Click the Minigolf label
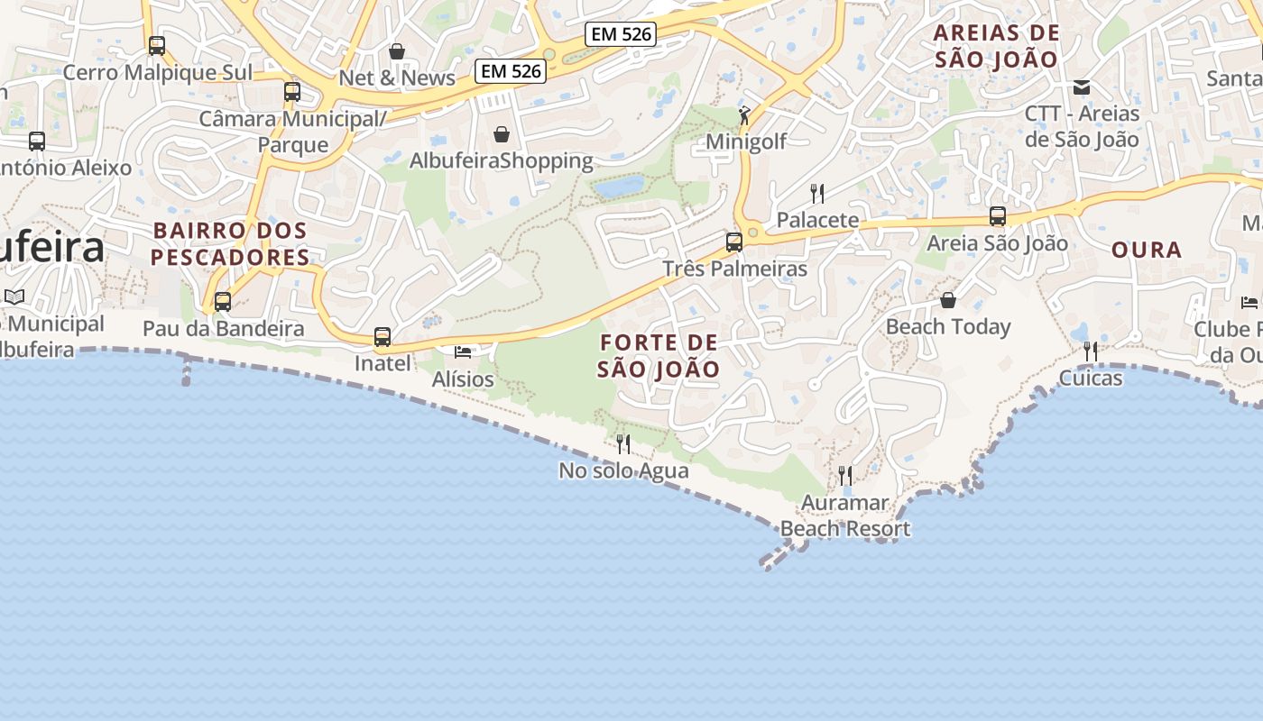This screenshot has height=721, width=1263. pos(746,141)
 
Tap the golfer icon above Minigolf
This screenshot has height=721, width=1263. pos(744,115)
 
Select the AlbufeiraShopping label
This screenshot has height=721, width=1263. pos(502,160)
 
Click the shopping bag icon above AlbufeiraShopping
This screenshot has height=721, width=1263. pos(502,134)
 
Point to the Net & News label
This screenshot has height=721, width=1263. pos(397,78)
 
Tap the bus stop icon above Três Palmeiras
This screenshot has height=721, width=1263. pos(734,242)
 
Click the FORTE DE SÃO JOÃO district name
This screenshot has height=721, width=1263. pos(659,356)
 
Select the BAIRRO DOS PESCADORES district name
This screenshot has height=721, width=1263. pos(230,243)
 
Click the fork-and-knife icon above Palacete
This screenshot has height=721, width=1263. pos(817,193)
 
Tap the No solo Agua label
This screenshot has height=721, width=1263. pos(623,470)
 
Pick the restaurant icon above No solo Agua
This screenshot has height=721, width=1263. pos(623,443)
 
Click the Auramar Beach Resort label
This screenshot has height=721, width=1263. pos(845,516)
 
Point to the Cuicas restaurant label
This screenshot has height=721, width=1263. pos(1091,378)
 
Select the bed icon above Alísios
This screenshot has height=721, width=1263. pos(463,351)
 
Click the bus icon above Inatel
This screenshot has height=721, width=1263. pos(383,337)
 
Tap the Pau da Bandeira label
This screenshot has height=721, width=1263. pos(223,329)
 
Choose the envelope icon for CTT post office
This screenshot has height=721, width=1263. pos(1082,87)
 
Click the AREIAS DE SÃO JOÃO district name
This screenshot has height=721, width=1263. pos(996,46)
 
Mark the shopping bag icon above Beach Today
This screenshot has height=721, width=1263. pos(948,300)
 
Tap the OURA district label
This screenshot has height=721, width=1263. pos(1147,250)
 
